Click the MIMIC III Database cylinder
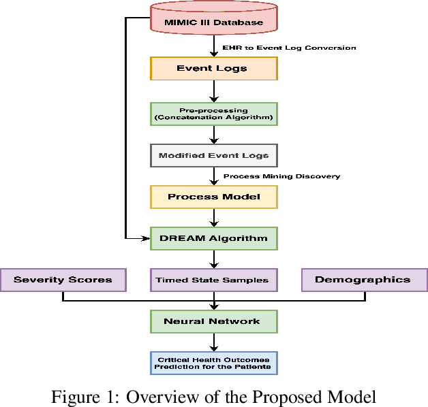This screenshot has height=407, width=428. (214, 20)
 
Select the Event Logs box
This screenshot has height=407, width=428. (214, 68)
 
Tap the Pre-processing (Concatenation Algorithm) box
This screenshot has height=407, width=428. (214, 114)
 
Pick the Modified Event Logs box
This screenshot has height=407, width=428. (214, 155)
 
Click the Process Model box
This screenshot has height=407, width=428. (214, 197)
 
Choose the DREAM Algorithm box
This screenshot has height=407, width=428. (214, 238)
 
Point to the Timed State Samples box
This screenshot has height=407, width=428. (214, 280)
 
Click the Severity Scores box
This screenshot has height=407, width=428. (63, 280)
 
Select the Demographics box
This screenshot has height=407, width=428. (364, 280)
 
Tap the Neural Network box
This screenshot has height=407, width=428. (214, 321)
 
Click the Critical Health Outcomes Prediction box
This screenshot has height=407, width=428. (214, 363)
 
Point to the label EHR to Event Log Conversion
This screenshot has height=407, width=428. (290, 48)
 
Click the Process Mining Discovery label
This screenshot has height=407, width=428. (281, 176)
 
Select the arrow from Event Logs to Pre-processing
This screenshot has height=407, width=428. (214, 91)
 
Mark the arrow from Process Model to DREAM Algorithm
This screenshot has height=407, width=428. (214, 218)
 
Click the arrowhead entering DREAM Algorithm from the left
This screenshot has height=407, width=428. (145, 238)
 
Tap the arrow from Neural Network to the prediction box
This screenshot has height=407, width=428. (214, 342)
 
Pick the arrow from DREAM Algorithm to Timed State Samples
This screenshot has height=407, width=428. (214, 259)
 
